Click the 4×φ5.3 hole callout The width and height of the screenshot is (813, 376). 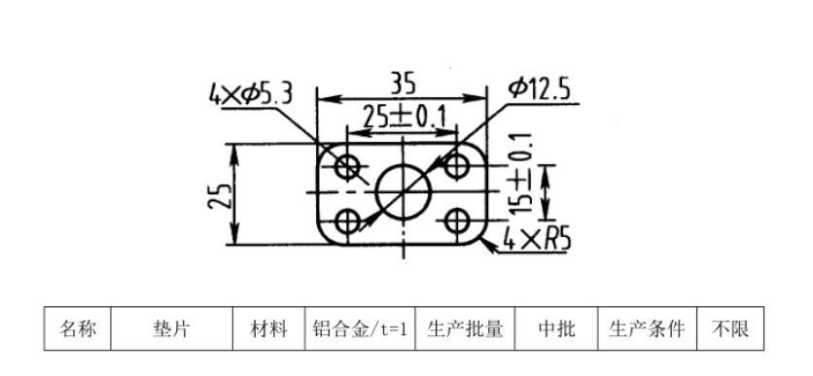[250, 94]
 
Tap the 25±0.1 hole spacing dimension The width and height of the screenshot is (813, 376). [404, 117]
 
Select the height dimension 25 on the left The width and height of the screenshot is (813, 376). [222, 194]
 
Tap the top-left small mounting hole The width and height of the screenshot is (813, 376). [347, 166]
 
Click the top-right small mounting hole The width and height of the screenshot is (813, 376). [457, 166]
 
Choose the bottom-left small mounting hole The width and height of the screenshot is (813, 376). [347, 220]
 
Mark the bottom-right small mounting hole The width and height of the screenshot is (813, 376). [457, 220]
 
